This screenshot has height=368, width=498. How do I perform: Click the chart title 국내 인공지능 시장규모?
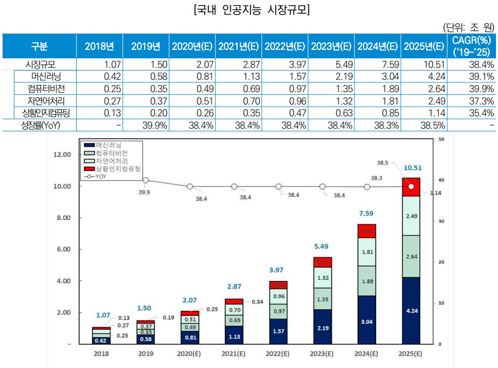248,10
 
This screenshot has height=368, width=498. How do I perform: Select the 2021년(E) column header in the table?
238,46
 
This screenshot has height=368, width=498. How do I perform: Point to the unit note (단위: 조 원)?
469,27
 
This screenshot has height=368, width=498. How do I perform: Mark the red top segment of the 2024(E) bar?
367,231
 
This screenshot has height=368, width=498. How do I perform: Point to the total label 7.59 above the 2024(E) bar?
367,213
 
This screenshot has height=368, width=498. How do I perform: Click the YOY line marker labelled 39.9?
146,180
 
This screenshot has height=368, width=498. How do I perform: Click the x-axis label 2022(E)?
278,355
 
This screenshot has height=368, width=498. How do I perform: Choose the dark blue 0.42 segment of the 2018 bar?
101,340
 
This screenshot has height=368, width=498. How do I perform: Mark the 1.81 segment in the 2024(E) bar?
367,252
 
